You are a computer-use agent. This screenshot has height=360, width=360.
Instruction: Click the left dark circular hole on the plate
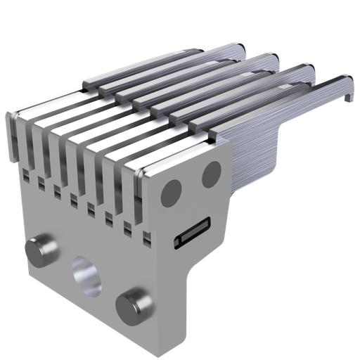coord(171,191)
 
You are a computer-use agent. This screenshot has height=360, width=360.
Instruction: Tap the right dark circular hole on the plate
coord(212,174)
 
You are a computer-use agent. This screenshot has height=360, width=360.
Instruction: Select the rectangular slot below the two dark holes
coord(192,233)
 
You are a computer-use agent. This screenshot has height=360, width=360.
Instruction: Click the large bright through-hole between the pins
coord(86,274)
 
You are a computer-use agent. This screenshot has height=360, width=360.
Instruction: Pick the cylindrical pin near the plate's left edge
coord(41,249)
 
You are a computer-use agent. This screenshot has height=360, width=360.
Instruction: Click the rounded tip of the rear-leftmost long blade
coord(236,48)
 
